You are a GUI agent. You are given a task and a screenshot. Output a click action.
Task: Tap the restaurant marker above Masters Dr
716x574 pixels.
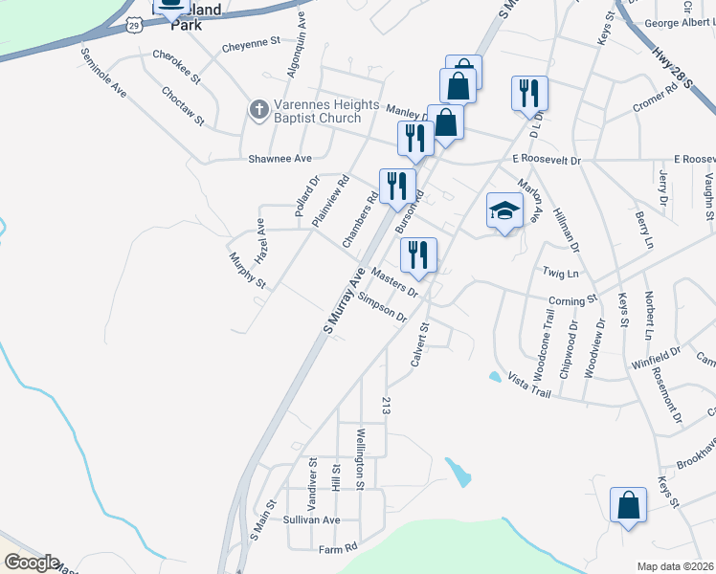[418, 255]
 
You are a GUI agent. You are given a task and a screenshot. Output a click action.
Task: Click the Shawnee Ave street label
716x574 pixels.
[280, 158]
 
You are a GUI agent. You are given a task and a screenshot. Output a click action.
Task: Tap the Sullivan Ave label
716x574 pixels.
[311, 519]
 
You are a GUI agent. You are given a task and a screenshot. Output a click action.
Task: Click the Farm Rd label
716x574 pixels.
[337, 548]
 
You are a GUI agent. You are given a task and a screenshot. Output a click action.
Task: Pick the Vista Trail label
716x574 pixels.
[529, 386]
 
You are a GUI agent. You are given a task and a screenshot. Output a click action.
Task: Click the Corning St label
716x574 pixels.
[572, 300]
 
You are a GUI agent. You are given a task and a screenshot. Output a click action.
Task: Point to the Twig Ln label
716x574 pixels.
[561, 274]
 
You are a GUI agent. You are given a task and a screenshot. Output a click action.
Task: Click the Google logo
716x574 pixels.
[31, 563]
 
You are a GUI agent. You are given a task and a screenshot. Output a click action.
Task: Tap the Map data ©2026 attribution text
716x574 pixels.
[676, 566]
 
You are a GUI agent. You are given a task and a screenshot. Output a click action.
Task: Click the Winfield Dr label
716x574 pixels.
[655, 364]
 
